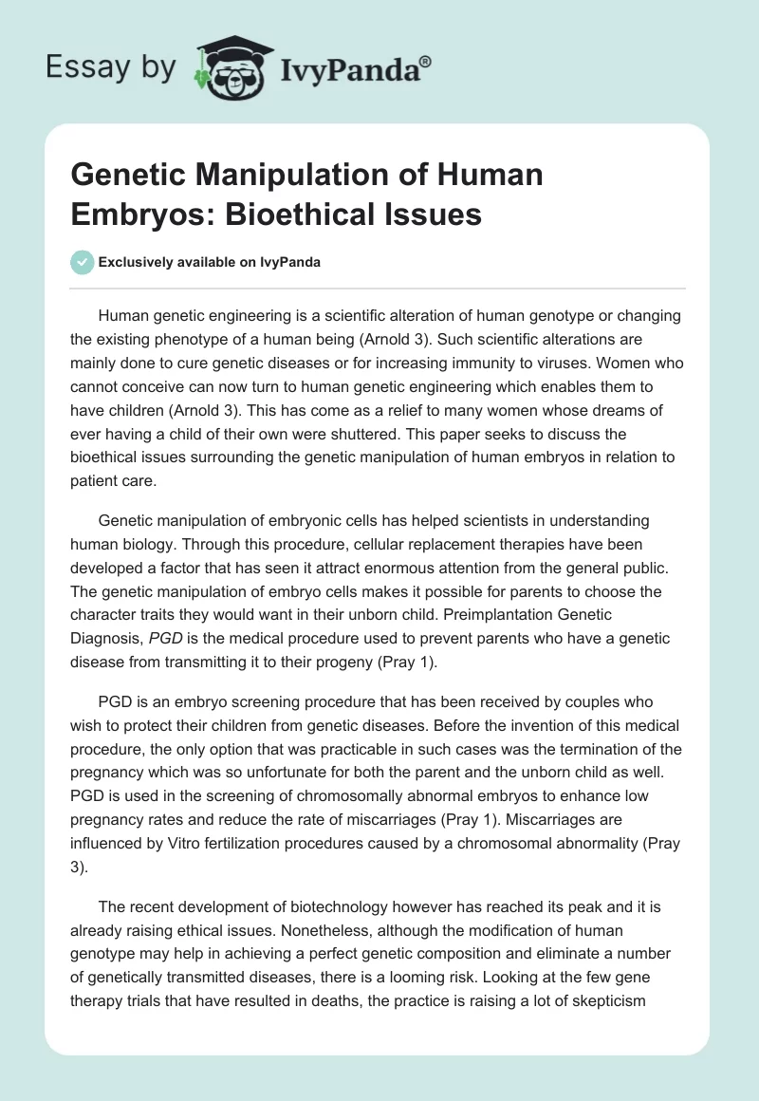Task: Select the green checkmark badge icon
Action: click(82, 262)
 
